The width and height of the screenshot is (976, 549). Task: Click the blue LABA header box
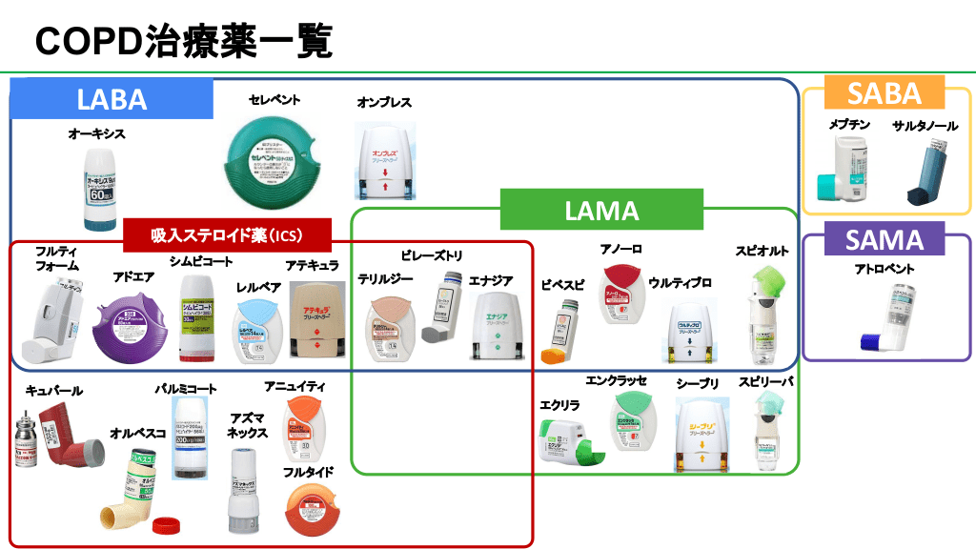112,99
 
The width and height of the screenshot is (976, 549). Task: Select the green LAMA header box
601,210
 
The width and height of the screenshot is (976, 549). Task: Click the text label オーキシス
96,134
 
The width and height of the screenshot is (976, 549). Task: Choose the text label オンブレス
384,103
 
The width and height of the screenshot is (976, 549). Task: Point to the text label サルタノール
925,126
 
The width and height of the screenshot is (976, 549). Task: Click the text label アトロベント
885,270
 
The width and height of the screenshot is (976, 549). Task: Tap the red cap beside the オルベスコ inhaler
167,522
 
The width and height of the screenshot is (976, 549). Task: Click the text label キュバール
54,390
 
